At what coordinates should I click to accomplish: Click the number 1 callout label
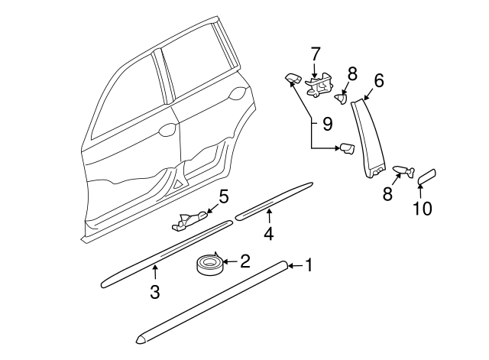(x=309, y=265)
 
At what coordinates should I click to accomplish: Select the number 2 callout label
(x=245, y=261)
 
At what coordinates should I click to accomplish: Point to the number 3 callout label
(x=154, y=291)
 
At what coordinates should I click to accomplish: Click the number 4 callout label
(x=268, y=233)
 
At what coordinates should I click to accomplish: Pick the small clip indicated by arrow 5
(x=188, y=220)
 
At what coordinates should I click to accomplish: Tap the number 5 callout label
(x=223, y=197)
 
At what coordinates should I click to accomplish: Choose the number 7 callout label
(x=316, y=54)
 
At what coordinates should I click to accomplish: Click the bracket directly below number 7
(x=320, y=84)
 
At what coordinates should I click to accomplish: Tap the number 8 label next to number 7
(x=351, y=73)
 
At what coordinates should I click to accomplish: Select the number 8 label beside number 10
(x=387, y=194)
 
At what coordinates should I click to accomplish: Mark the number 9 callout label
(x=326, y=122)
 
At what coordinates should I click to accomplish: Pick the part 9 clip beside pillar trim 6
(x=347, y=148)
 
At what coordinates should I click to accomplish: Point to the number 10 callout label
(x=422, y=208)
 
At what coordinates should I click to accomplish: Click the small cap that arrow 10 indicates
(x=426, y=177)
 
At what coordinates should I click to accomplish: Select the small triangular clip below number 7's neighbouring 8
(x=342, y=96)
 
